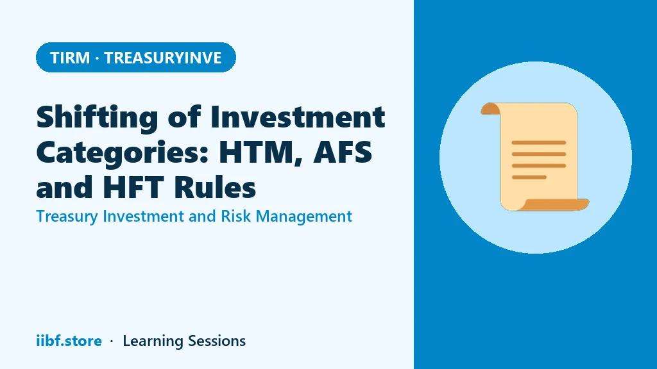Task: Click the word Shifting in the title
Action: point(98,118)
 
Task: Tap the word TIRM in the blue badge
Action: point(70,58)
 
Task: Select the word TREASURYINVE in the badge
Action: point(163,58)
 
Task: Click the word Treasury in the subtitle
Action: point(67,217)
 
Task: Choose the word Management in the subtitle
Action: point(303,217)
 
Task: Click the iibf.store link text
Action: point(69,341)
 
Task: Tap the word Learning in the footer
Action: point(153,341)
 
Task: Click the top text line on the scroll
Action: point(539,143)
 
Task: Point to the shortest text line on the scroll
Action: point(529,177)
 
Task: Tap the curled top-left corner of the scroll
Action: point(490,108)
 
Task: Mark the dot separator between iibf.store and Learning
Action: point(112,341)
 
